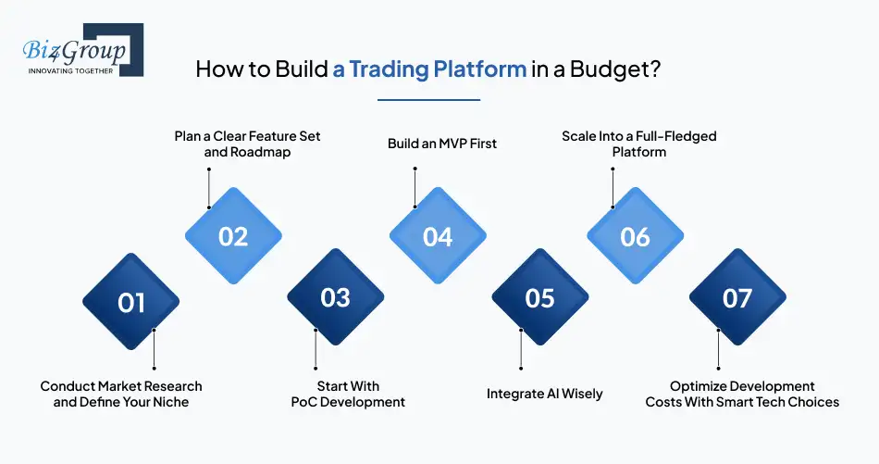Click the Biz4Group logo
[x=83, y=49]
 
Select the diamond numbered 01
[x=131, y=301]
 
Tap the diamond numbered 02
[x=233, y=235]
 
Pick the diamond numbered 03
[x=335, y=296]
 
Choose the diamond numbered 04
[x=438, y=235]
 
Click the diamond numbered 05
[x=539, y=296]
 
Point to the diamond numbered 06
[x=635, y=235]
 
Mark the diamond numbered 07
[x=737, y=296]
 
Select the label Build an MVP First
[x=441, y=144]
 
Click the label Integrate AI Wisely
[x=544, y=394]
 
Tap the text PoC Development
[x=348, y=402]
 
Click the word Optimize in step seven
[x=695, y=386]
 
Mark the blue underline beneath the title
[x=428, y=100]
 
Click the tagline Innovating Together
[x=70, y=71]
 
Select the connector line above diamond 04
[x=415, y=187]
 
